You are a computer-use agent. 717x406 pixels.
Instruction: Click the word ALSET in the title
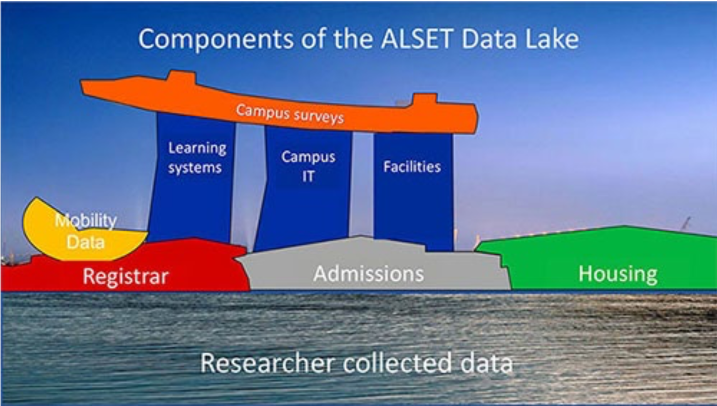click(x=416, y=39)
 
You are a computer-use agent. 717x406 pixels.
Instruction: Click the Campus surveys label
click(x=290, y=114)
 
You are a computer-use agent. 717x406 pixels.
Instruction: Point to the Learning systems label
click(x=197, y=158)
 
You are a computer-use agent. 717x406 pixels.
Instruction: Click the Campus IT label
click(x=308, y=166)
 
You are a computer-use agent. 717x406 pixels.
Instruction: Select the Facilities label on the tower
click(x=412, y=166)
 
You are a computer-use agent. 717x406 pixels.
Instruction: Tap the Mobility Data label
click(x=85, y=231)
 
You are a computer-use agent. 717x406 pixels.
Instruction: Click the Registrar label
click(x=126, y=276)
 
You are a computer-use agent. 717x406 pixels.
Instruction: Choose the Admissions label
click(x=369, y=273)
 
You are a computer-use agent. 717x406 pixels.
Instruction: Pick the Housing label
click(x=618, y=274)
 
